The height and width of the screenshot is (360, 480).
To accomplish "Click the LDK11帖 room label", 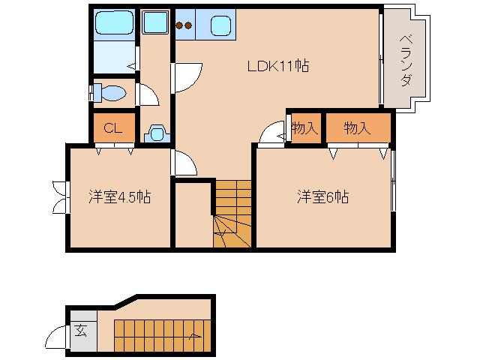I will [278, 66].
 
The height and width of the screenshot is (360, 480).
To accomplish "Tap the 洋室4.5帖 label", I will [119, 197].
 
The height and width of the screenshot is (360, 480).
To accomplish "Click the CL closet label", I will [113, 127].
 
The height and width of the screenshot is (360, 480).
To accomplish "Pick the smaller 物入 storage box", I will [304, 128].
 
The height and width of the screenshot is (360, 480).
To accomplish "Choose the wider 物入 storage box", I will [358, 128].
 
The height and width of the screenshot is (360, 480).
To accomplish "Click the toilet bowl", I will [111, 93].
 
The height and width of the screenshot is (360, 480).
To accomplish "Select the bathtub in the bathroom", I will [115, 25].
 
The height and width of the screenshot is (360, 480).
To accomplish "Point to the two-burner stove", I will [184, 25].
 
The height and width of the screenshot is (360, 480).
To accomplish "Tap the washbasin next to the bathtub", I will [157, 25].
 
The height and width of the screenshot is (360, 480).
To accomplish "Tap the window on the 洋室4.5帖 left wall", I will [59, 196].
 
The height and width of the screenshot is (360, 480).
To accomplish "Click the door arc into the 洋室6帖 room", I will [268, 133].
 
